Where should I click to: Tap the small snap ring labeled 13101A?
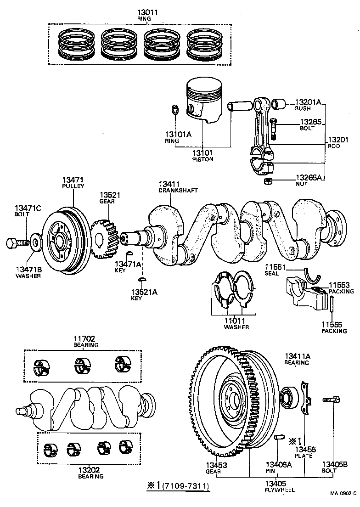[x=174, y=110]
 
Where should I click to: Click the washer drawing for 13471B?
[x=35, y=240]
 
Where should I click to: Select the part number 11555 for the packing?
[x=331, y=324]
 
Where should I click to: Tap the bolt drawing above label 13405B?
[x=332, y=400]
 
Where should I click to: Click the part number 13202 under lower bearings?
[x=90, y=470]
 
